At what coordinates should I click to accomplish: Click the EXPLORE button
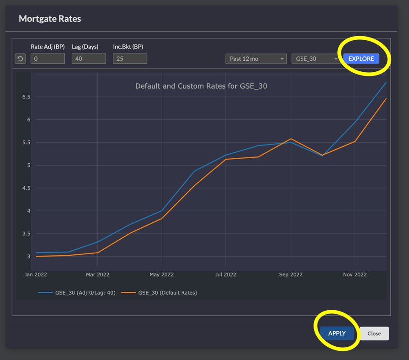coord(361,59)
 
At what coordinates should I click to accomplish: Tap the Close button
coord(374,333)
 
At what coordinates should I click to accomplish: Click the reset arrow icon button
coord(21,59)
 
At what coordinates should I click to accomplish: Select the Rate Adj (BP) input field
coord(48,59)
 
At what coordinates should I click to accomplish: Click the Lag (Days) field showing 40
coord(89,59)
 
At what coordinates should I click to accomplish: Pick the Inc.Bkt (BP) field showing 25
coord(130,59)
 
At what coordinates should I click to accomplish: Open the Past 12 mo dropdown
coord(256,59)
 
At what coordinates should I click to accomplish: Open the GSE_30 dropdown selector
coord(315,59)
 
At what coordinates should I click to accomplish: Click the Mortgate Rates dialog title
coord(50,19)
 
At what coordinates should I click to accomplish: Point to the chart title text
coord(201,86)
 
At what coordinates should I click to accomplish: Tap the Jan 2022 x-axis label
coord(35,274)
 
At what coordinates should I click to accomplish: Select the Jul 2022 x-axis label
coord(226,274)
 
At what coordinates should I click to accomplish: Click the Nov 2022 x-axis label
coord(355,274)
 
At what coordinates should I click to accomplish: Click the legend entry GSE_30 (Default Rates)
coord(167,293)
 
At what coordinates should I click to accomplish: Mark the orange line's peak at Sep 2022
coord(291,139)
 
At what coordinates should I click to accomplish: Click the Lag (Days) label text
coord(85,47)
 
